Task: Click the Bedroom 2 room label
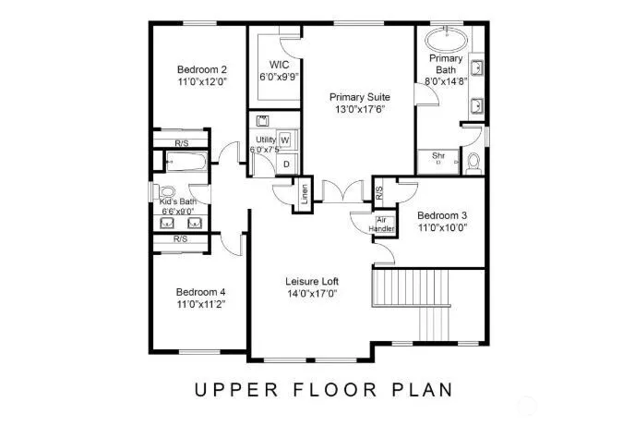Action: (x=202, y=69)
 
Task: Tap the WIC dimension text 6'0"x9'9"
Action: (x=279, y=77)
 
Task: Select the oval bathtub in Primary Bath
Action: (x=446, y=40)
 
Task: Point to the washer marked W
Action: (x=285, y=140)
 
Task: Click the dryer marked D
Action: (x=286, y=164)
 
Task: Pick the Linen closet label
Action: (x=305, y=194)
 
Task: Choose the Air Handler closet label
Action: (x=381, y=225)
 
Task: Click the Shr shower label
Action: (x=438, y=155)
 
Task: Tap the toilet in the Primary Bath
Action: (x=473, y=164)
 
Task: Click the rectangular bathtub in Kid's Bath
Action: (x=186, y=162)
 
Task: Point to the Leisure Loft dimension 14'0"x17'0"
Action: (x=312, y=294)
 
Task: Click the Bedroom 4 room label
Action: (x=200, y=292)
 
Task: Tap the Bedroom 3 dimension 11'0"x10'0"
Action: (x=442, y=227)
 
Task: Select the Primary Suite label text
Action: (x=360, y=97)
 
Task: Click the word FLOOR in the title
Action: (x=335, y=390)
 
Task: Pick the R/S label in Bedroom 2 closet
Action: (x=182, y=143)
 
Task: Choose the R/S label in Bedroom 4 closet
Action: (x=180, y=239)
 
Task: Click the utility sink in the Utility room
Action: (x=262, y=120)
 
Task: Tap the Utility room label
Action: (x=266, y=140)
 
